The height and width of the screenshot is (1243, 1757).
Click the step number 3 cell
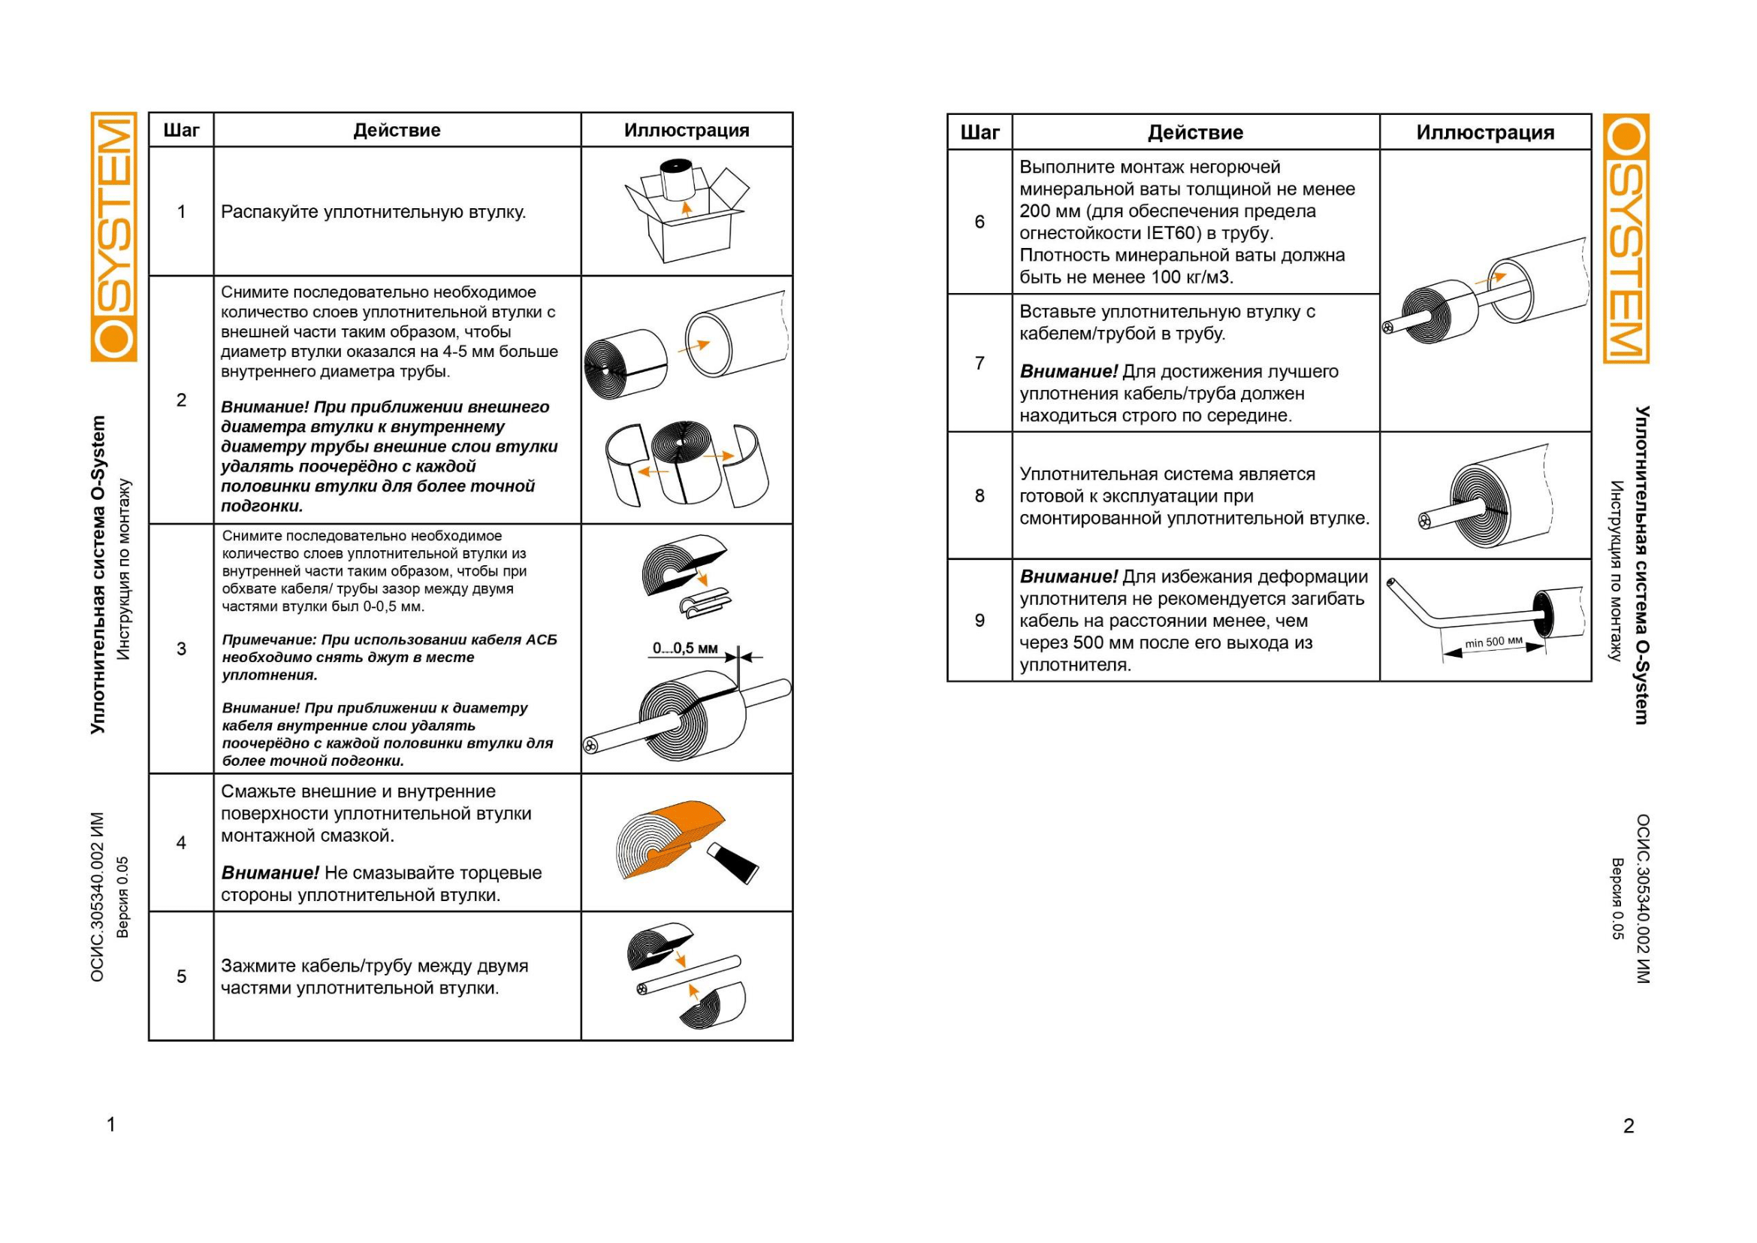tap(181, 649)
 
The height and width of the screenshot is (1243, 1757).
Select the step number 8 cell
tap(980, 496)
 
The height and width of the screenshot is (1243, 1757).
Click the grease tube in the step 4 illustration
tap(732, 862)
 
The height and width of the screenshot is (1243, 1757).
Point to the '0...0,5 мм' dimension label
tap(685, 649)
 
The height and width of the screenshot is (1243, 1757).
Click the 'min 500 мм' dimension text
tap(1494, 641)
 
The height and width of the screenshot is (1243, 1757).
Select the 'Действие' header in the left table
tap(397, 130)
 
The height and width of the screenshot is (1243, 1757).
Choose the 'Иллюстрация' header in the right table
tap(1485, 132)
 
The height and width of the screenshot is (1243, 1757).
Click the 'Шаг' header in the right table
tap(980, 132)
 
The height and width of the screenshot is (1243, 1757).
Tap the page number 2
tap(1629, 1125)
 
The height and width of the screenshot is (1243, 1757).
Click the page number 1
tap(111, 1124)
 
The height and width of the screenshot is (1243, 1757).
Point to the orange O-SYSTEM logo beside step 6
tap(1626, 238)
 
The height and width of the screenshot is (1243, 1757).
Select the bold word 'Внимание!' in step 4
tap(270, 873)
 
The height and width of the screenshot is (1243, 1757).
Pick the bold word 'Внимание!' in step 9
tap(1068, 576)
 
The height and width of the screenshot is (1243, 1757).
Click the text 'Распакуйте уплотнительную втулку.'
tap(373, 212)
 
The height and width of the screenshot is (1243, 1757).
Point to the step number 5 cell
tap(181, 976)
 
